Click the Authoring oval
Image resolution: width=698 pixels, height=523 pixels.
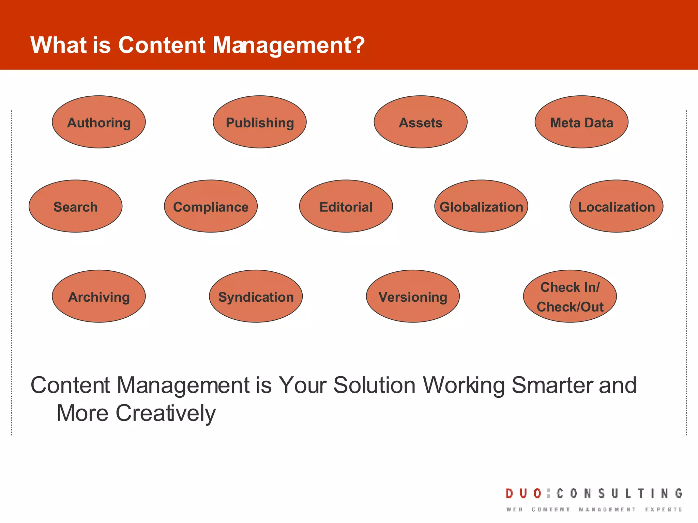pos(99,122)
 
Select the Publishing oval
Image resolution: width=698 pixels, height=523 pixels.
pos(260,122)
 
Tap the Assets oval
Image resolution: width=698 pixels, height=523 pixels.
pos(421,122)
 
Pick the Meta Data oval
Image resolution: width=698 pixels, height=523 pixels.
pos(581,122)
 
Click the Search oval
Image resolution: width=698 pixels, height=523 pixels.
pos(76,206)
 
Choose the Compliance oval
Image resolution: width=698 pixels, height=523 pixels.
pos(211,206)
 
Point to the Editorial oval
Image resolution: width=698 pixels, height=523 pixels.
pos(346,206)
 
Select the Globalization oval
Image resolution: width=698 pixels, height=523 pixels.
pos(481,206)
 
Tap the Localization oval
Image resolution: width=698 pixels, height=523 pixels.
pos(617,206)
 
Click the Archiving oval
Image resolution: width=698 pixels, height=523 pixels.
pos(99,296)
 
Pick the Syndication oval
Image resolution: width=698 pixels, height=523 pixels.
pos(256,296)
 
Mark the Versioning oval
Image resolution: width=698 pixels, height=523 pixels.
pos(413,296)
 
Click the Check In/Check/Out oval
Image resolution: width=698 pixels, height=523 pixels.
pos(570,296)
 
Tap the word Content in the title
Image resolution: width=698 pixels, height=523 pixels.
pos(162,45)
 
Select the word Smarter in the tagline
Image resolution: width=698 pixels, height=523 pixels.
pos(553,385)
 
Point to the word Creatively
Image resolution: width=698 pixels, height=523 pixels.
pos(166,413)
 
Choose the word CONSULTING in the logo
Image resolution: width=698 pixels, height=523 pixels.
pos(620,493)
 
